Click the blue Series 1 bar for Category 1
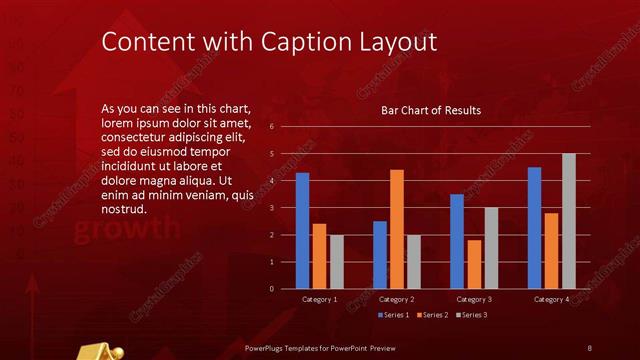pos(302,231)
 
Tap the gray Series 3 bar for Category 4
pos(569,221)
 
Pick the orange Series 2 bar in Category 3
pos(474,264)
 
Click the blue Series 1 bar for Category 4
pos(534,228)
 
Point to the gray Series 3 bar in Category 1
pos(337,262)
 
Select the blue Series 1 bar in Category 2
pos(380,255)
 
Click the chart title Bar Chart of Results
pos(431,110)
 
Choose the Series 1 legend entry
pos(394,315)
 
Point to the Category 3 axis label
pos(474,299)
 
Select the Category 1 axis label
pos(319,299)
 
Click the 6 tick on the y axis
pos(271,127)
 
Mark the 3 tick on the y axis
pos(271,208)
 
